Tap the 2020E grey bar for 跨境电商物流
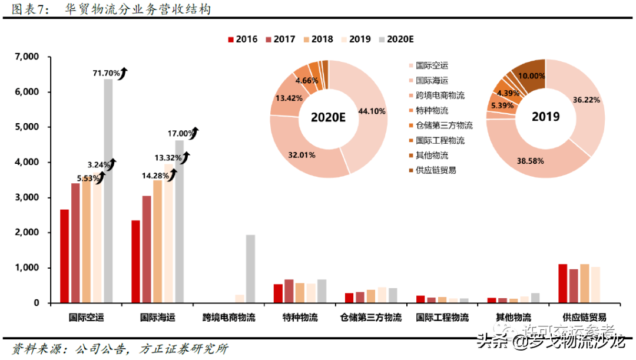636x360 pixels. tap(250, 269)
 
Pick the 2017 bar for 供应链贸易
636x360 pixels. tap(574, 286)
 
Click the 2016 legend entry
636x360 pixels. tap(242, 39)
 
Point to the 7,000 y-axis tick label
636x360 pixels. tap(26, 57)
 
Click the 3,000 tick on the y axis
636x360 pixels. tap(26, 197)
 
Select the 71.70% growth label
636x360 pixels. tap(107, 73)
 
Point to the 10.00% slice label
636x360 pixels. tap(528, 76)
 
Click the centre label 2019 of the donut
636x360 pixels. tap(545, 117)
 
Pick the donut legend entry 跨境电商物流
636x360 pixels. tap(439, 95)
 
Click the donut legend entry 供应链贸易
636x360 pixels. tap(435, 170)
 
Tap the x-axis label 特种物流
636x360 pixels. tap(300, 318)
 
